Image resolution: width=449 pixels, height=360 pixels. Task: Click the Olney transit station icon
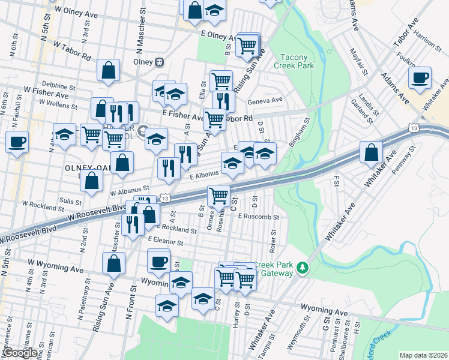[160, 61]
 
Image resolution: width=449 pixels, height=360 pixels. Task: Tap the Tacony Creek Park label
[295, 62]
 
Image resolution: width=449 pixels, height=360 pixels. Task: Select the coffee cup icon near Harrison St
[420, 77]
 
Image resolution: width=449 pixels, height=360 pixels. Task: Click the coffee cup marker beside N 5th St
[17, 142]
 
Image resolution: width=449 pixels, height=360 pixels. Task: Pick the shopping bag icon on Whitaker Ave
[372, 152]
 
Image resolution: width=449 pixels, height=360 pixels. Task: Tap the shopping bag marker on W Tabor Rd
[109, 70]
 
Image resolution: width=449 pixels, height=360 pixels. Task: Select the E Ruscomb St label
[258, 217]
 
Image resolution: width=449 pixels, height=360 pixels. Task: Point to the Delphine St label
[58, 86]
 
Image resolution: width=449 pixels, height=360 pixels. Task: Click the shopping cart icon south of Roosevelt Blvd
[218, 195]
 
